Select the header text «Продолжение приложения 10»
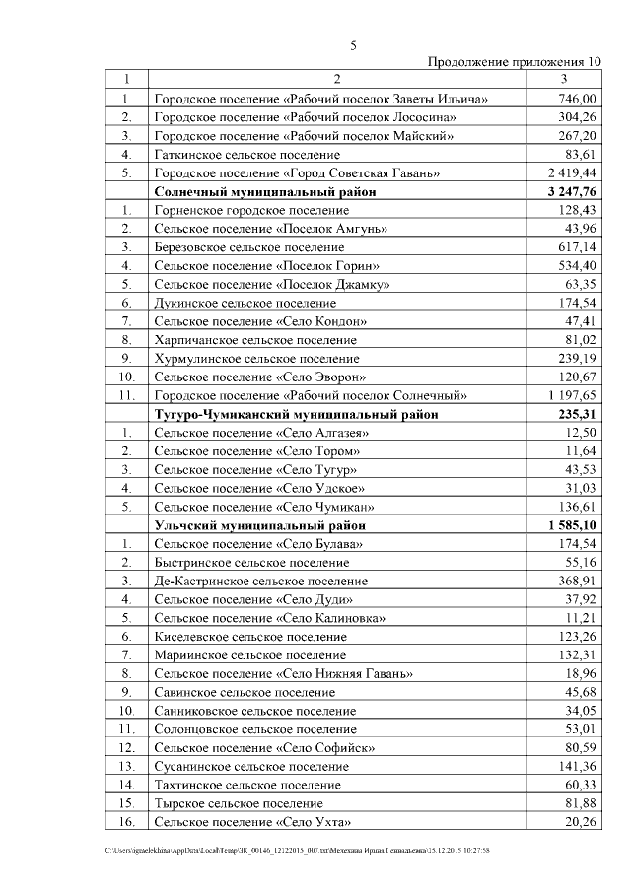513,61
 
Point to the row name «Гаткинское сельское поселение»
247,155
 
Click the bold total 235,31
577,414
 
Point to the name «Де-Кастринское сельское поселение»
260,581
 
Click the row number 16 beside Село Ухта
126,821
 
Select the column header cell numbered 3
562,79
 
